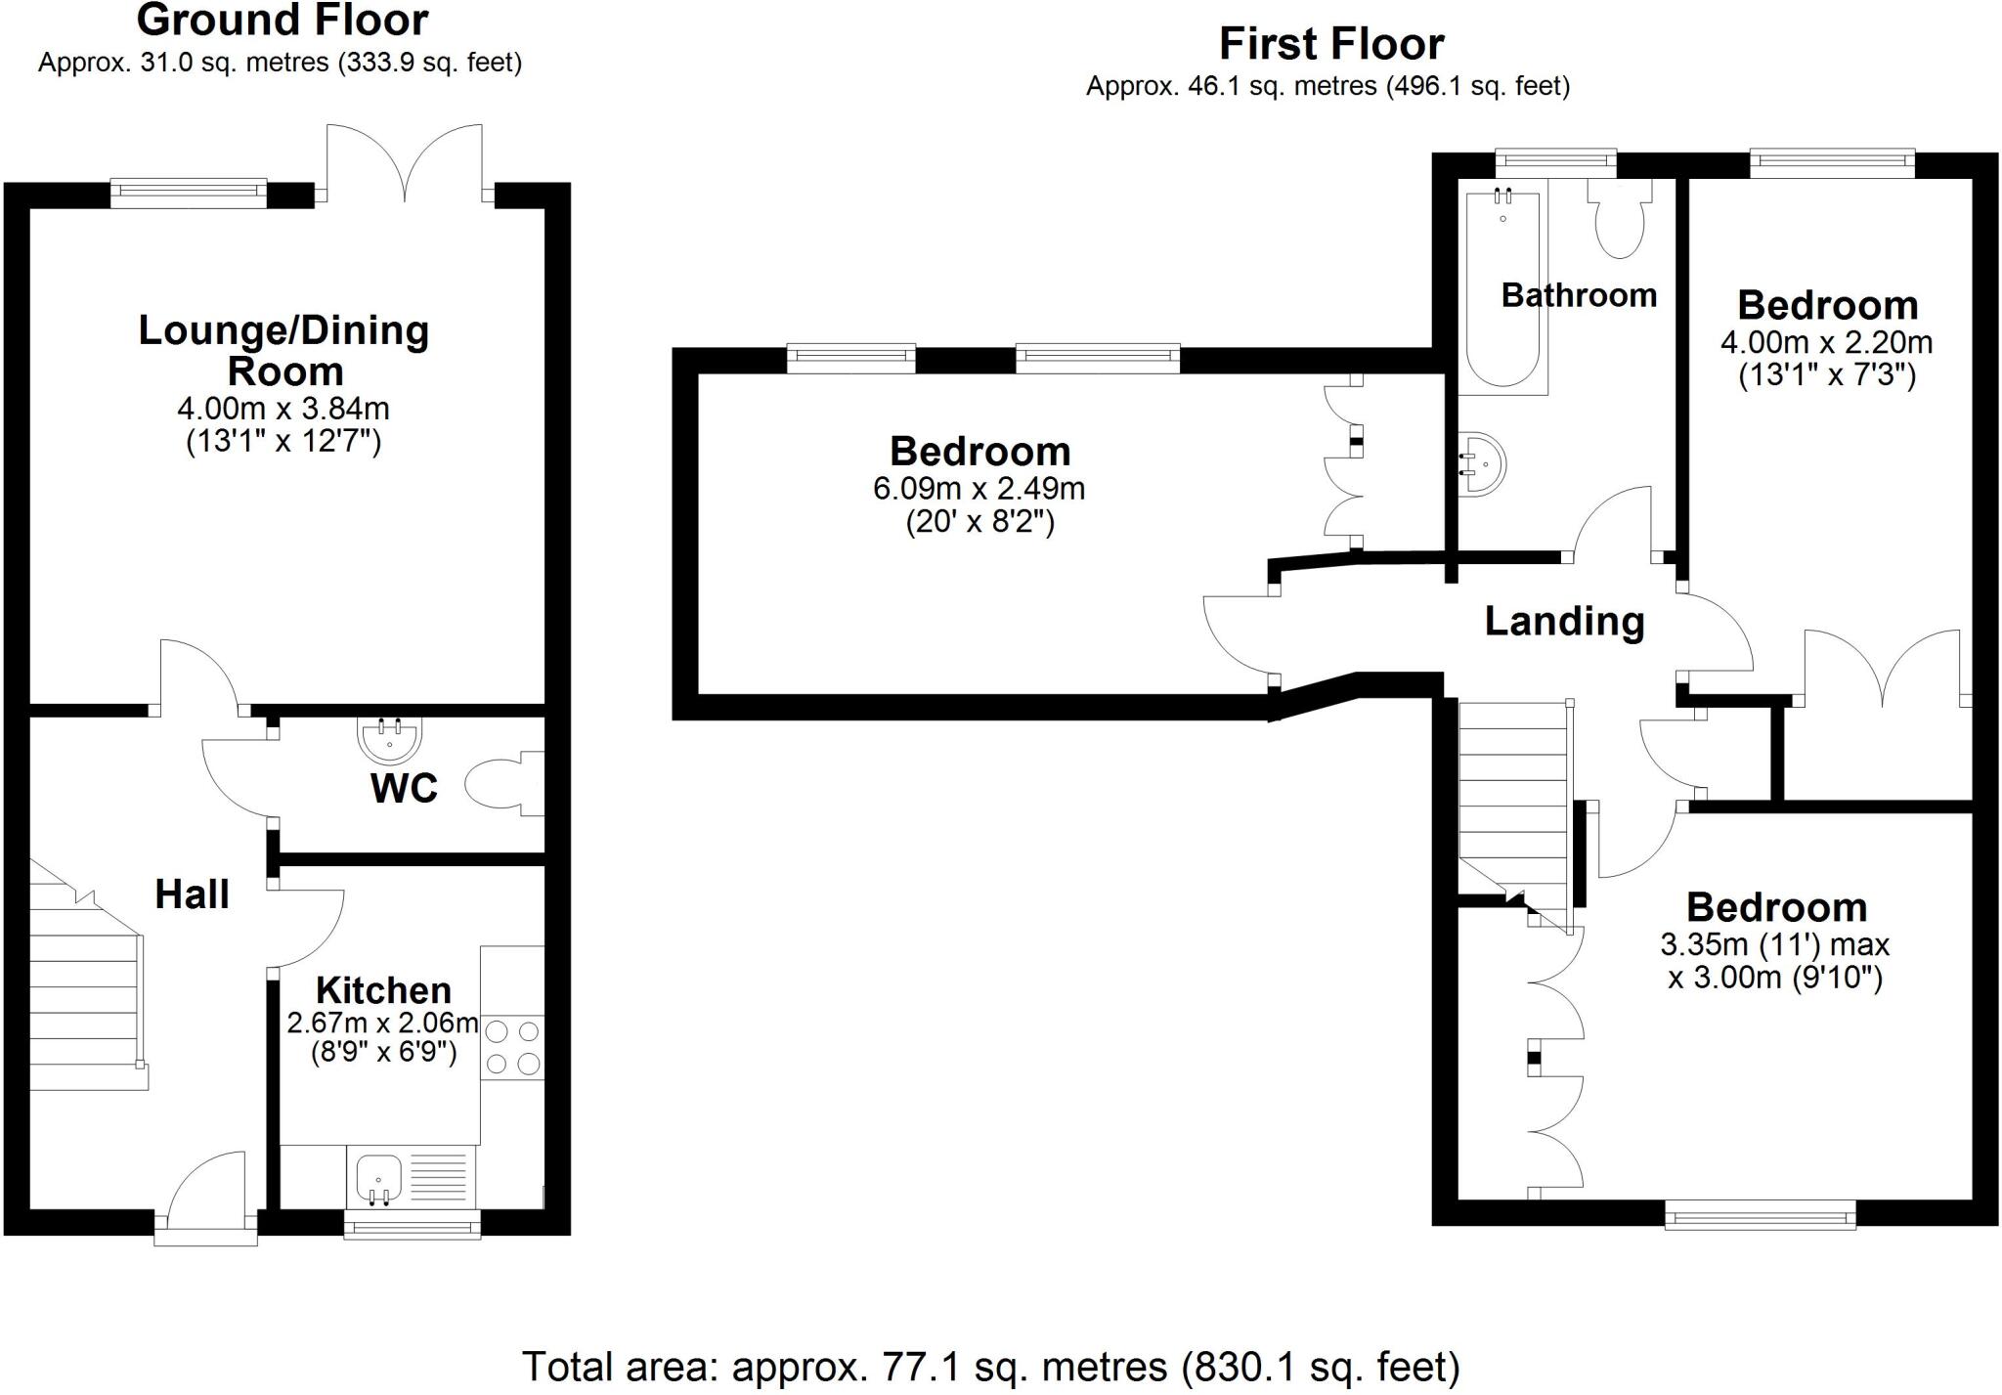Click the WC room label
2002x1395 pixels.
tap(404, 788)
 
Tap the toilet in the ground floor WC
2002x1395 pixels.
tap(500, 783)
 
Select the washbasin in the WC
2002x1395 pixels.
tap(390, 740)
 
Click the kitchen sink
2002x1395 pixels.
tap(379, 1178)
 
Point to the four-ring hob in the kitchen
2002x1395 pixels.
tap(512, 1047)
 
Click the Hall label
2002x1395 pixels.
tap(192, 894)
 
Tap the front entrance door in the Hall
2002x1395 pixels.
tap(206, 1198)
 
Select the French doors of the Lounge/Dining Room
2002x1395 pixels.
tap(405, 164)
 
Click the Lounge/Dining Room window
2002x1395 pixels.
tap(188, 193)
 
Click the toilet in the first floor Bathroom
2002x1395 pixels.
tap(1620, 220)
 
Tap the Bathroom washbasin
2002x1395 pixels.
tap(1482, 464)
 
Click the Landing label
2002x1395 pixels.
tap(1564, 622)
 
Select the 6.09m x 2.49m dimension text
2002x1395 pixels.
tap(979, 488)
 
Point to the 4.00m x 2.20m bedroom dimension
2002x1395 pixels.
tap(1826, 343)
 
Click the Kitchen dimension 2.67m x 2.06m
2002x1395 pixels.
tap(382, 1024)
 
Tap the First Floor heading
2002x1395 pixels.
tap(1330, 44)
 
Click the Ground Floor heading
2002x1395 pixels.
tap(282, 21)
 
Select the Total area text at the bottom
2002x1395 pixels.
tap(990, 1366)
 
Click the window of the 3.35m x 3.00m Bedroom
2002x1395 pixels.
tap(1760, 1217)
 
